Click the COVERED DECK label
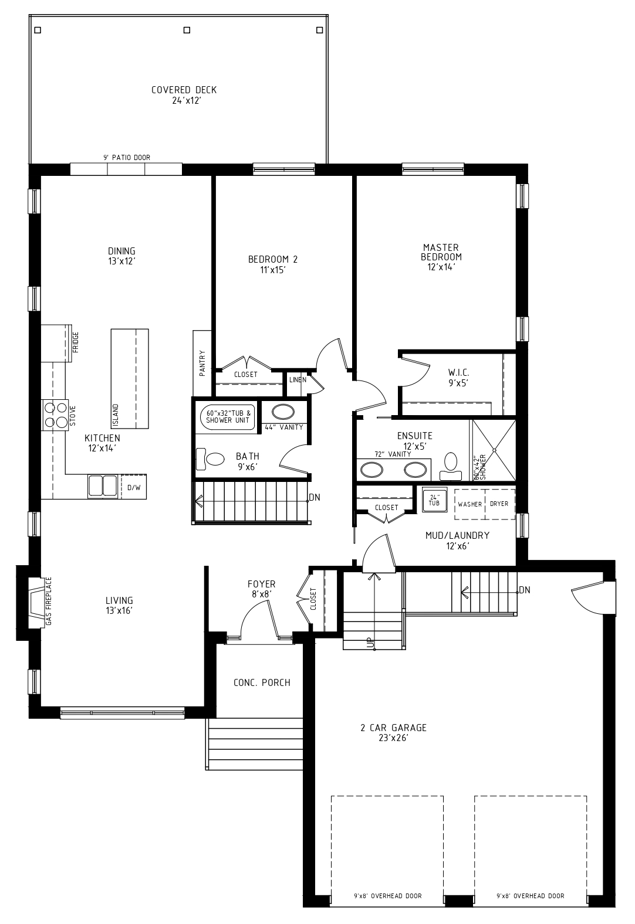(184, 90)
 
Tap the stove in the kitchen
(55, 415)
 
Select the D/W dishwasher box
(133, 487)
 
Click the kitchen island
(130, 379)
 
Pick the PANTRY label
(202, 363)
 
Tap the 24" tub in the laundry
(434, 500)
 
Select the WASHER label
(470, 504)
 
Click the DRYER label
(499, 504)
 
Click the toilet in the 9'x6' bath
(210, 459)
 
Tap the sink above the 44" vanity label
(283, 412)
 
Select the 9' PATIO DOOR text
(127, 158)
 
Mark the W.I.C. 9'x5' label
(458, 378)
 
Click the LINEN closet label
(298, 380)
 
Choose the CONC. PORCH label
(262, 682)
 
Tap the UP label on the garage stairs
(370, 642)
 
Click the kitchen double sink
(102, 485)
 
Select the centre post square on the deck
(187, 30)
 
